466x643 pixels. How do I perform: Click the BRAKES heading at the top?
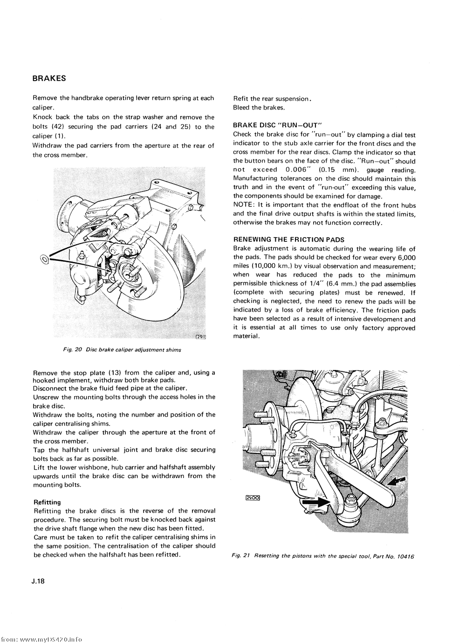[x=49, y=78]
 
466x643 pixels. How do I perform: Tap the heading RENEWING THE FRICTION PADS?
[x=288, y=239]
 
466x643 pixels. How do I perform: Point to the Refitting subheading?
[x=47, y=502]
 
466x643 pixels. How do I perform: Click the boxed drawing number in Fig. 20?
[x=201, y=337]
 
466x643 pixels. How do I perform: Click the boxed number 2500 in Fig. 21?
[x=252, y=498]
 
